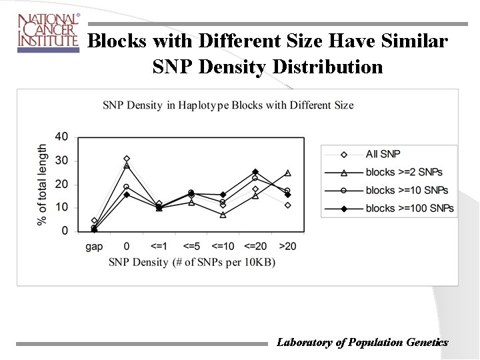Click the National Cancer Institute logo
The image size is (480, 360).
click(x=47, y=31)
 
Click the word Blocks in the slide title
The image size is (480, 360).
click(x=117, y=41)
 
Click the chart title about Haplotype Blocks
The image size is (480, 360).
click(x=228, y=105)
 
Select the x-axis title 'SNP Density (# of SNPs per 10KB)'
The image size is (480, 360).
click(x=192, y=262)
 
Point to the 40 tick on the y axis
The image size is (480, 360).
click(x=61, y=137)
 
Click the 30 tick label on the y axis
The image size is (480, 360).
click(x=61, y=161)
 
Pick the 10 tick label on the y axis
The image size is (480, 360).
click(x=61, y=207)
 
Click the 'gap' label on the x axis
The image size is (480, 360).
click(x=94, y=246)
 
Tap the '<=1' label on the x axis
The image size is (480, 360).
click(x=159, y=246)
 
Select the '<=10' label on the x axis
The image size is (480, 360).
click(x=223, y=246)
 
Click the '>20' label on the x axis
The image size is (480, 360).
click(x=287, y=246)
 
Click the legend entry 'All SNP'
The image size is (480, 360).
click(x=383, y=154)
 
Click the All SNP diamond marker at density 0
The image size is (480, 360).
click(x=127, y=159)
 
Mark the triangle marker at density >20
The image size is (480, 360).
click(x=287, y=173)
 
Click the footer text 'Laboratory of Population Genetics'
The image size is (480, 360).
click(x=362, y=342)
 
